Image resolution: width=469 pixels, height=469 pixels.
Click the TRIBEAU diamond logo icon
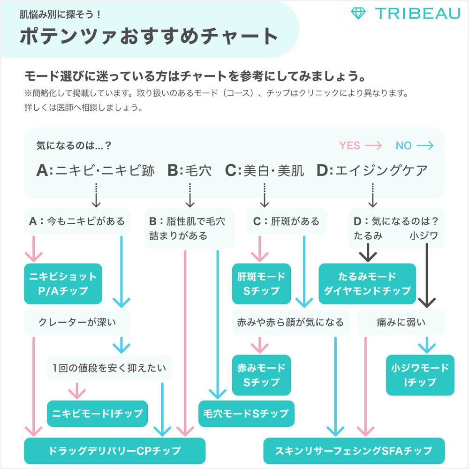pos(359,13)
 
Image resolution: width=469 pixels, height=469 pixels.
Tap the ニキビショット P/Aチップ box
pos(63,283)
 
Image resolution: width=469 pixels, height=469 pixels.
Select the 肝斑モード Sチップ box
pos(261,283)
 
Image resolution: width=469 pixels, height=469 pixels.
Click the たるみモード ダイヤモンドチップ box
pos(367,283)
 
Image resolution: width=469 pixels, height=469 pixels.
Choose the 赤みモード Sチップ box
pos(261,375)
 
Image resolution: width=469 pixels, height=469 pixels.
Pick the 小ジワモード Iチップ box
pos(420,375)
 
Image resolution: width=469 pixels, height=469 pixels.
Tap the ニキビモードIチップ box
pos(98,413)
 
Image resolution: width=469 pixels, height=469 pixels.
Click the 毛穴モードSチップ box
pos(246,413)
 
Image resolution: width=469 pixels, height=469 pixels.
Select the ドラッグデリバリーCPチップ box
pos(115,451)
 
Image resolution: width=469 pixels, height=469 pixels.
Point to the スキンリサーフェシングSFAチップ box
pos(354,451)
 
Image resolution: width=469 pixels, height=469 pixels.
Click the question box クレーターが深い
pos(77,322)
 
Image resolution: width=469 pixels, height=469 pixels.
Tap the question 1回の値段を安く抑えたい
pos(109,368)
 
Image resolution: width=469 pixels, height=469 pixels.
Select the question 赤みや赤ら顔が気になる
pos(291,322)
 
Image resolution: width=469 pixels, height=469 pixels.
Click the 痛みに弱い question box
pos(401,322)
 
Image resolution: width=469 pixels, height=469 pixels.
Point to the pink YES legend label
pos(350,145)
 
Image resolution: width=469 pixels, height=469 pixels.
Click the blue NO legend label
pos(403,145)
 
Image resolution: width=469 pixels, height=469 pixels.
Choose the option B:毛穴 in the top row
pos(189,170)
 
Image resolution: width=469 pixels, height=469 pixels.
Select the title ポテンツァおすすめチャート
pos(149,37)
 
